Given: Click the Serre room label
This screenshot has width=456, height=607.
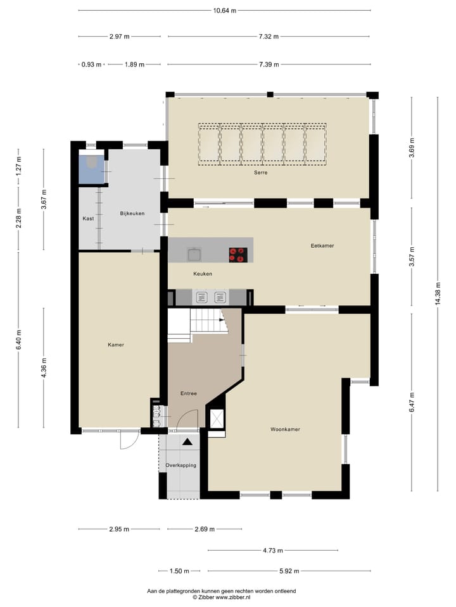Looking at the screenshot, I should [x=260, y=173].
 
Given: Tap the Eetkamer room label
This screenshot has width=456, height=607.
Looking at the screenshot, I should [x=322, y=245].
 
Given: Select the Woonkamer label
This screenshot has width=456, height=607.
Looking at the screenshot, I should [x=285, y=429].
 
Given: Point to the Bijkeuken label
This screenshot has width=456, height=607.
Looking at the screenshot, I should [x=132, y=214].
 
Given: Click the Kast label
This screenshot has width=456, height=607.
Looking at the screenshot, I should [x=88, y=219].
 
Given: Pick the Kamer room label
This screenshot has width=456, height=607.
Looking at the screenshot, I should [x=116, y=345].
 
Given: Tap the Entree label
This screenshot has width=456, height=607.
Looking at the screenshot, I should [x=189, y=393].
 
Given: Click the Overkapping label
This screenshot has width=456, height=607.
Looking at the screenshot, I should [x=180, y=465].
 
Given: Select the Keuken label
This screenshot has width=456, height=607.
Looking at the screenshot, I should [x=203, y=274].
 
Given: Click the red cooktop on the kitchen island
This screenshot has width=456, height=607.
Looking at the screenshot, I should [x=238, y=254].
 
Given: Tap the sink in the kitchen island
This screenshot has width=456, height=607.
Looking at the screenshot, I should [x=194, y=254].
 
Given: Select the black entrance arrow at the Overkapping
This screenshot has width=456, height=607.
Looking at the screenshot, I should [x=187, y=443].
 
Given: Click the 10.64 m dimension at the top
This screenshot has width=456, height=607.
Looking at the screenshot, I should [x=224, y=10].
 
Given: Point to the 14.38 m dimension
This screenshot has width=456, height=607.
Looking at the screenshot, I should [x=438, y=294].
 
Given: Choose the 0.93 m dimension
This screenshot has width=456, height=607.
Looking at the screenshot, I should [x=91, y=64].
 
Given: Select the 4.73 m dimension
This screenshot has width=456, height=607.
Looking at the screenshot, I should [x=273, y=550].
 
